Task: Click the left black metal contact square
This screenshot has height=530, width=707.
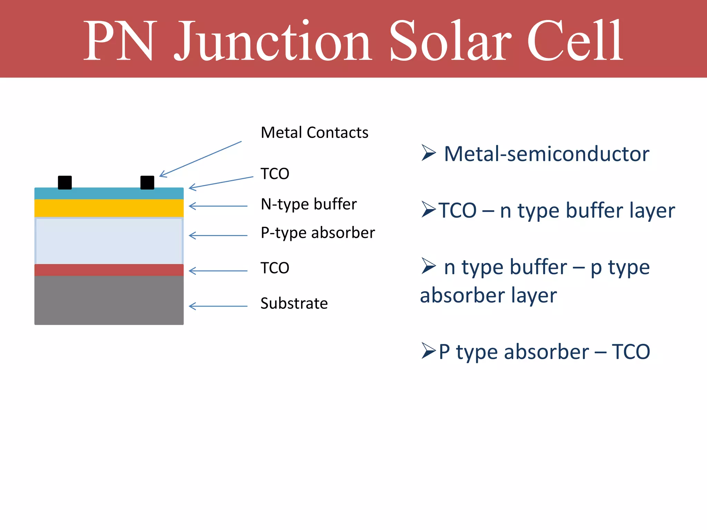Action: tap(65, 183)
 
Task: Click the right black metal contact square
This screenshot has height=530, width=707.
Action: tap(147, 183)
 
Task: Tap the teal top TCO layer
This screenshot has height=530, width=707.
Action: tap(109, 194)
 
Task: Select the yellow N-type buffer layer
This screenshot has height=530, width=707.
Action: tap(109, 208)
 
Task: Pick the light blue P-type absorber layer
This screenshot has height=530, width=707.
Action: tap(109, 241)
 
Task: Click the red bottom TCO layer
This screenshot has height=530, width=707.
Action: tap(109, 270)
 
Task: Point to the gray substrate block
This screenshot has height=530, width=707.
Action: tap(109, 300)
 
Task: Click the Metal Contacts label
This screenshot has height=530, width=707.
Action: tap(314, 132)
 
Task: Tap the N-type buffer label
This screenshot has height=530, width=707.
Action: tap(309, 204)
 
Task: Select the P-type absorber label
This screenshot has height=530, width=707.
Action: tap(318, 233)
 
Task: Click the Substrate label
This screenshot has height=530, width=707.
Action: tap(294, 304)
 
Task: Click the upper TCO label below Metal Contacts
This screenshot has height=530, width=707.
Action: tap(275, 174)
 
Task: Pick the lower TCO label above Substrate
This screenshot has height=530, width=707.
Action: tap(275, 268)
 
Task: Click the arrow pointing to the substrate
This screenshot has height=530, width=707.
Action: tap(218, 306)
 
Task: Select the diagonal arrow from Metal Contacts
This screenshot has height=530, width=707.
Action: tap(201, 159)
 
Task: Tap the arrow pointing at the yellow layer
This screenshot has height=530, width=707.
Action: tap(218, 206)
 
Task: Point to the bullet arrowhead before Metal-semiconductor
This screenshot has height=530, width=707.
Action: tap(428, 153)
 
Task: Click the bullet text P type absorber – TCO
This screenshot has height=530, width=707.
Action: tap(544, 352)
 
